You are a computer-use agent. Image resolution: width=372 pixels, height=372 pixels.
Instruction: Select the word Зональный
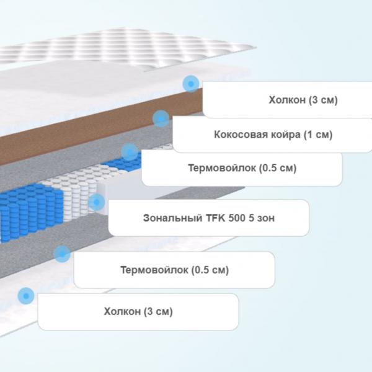tap(173, 218)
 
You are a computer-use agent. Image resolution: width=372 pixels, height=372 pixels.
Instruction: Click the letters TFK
tap(215, 218)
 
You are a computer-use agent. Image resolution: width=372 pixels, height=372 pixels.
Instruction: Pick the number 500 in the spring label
tap(237, 218)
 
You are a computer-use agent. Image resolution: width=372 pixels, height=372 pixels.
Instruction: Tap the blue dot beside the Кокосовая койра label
tap(161, 118)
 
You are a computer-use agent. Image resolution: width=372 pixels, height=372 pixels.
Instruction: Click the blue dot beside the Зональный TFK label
tap(97, 202)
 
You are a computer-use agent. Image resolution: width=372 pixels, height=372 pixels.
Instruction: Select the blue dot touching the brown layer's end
tap(191, 84)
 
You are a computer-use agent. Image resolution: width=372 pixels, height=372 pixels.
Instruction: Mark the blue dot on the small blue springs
tap(130, 152)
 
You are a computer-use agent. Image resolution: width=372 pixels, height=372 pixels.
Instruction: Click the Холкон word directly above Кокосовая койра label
tap(287, 100)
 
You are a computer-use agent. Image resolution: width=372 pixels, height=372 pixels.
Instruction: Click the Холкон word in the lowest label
tap(122, 311)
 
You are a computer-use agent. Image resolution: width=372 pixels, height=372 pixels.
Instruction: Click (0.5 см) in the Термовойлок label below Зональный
tap(210, 270)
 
